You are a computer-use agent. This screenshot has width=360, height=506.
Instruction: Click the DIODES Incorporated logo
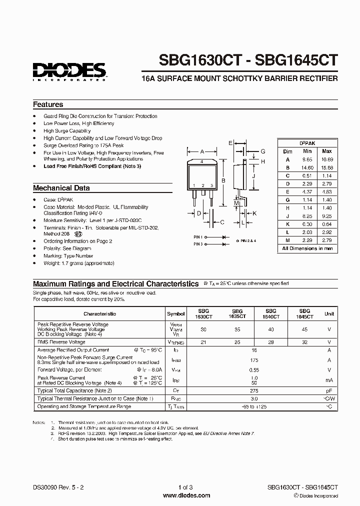(69, 71)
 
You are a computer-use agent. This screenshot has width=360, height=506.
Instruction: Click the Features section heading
(48, 105)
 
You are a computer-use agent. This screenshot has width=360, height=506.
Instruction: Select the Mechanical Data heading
(61, 188)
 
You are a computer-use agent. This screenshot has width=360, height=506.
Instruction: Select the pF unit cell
(329, 390)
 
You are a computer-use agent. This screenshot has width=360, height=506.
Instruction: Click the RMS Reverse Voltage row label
(61, 342)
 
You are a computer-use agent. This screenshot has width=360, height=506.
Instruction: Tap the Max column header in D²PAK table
(326, 151)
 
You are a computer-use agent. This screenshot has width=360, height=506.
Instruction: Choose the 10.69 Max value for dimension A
(326, 159)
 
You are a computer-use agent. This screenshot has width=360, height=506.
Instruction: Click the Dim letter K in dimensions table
(287, 224)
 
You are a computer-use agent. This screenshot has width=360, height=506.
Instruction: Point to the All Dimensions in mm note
(307, 248)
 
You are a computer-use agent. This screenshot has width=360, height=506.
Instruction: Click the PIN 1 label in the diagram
(198, 237)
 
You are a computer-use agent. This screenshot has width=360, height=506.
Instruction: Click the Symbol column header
(176, 314)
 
